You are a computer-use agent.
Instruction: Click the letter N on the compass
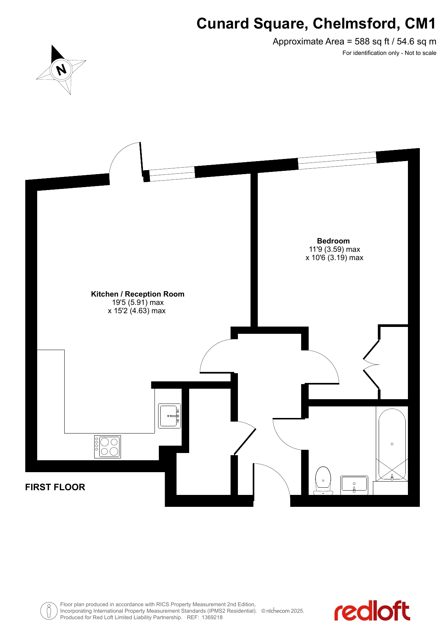tap(61, 69)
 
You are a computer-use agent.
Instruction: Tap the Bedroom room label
tap(333, 241)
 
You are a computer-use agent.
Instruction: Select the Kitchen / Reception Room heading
tap(138, 294)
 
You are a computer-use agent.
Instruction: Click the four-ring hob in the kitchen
tap(108, 447)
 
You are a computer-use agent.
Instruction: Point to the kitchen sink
tap(170, 416)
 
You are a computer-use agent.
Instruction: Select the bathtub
tap(392, 444)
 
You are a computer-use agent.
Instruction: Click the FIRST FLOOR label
tap(55, 487)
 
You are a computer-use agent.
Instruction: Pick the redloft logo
tap(372, 611)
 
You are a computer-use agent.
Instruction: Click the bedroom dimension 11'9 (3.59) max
tap(335, 249)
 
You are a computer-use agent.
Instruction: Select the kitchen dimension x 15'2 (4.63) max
tap(137, 311)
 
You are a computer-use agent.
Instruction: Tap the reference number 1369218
tap(212, 617)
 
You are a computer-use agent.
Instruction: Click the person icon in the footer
tap(49, 611)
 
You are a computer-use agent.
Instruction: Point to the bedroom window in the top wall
tap(337, 161)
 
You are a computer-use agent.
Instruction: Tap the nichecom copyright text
tap(283, 611)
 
